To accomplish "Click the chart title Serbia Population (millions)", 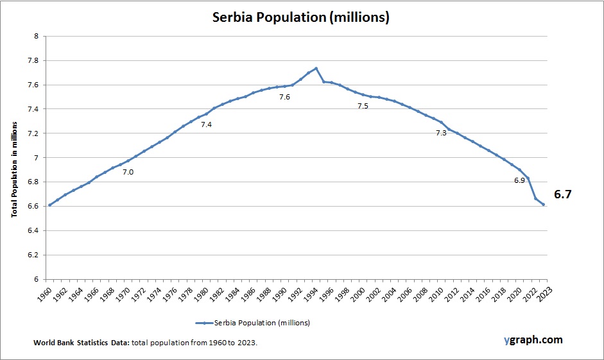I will [x=301, y=18].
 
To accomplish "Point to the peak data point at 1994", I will [x=316, y=68].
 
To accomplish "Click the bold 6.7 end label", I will [x=563, y=194].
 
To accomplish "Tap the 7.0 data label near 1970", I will [x=128, y=172].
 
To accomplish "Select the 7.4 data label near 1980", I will [x=206, y=124].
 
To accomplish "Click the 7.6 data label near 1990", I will [x=284, y=97].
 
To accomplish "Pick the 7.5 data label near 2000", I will [x=363, y=106].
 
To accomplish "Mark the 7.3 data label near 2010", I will [x=441, y=133].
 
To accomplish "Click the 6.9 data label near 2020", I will [x=519, y=180].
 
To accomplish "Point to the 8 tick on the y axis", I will [x=37, y=37].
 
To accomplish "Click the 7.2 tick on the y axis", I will [x=33, y=133].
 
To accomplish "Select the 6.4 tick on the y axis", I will [x=33, y=230].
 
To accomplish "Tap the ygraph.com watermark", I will [x=533, y=339].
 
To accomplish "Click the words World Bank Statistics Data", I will [x=82, y=343].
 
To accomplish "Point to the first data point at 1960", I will [x=49, y=205].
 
